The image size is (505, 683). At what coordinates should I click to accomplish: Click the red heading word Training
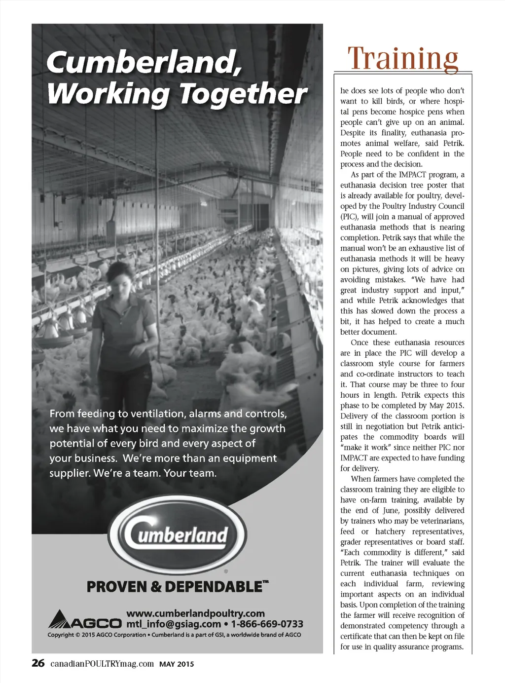coord(403,58)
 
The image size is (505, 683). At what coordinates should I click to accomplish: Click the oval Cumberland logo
coord(178,534)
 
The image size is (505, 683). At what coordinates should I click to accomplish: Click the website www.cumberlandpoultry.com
coord(196,613)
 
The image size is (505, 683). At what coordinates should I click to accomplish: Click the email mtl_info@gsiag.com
coord(173,624)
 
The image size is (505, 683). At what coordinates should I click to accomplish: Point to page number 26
coord(38,663)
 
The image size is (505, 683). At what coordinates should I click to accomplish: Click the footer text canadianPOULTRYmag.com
coord(102,664)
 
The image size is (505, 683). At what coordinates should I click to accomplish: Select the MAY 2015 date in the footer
coord(177,664)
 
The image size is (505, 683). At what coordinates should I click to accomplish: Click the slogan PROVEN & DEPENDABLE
coord(175,587)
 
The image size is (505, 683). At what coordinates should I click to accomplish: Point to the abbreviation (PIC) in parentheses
coord(349,217)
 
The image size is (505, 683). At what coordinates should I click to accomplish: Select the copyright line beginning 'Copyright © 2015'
coord(174,635)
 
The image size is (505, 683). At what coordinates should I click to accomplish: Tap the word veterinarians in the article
coord(438,521)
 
